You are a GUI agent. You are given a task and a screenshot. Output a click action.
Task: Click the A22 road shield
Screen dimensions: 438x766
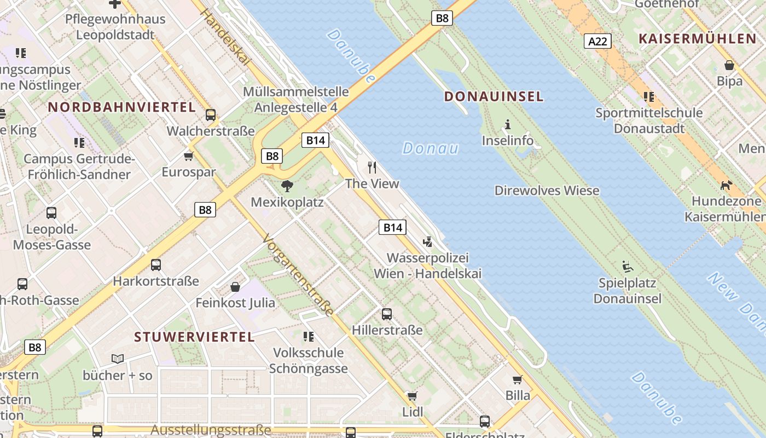597,41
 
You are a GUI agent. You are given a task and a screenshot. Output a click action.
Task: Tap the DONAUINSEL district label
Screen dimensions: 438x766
494,97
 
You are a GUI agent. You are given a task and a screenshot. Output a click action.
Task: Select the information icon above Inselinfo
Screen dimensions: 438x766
508,124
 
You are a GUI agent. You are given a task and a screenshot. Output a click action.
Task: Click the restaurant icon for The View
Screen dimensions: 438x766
373,167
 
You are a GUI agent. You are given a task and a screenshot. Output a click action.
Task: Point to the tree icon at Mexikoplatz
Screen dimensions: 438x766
287,186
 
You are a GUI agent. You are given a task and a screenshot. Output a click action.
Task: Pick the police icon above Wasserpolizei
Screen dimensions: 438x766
428,241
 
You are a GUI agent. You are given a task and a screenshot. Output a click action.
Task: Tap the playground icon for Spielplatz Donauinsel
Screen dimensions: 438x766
628,267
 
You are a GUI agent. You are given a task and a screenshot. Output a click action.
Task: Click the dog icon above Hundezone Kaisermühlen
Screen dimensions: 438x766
726,185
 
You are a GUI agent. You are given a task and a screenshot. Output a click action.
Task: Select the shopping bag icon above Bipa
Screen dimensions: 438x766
729,65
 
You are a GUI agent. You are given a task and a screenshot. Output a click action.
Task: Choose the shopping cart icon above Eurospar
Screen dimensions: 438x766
189,157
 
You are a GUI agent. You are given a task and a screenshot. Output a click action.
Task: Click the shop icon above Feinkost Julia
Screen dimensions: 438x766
235,286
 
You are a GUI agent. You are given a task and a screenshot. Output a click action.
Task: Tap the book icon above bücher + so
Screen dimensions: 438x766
118,359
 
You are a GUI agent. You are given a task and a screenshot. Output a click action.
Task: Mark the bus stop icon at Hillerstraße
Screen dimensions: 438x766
387,314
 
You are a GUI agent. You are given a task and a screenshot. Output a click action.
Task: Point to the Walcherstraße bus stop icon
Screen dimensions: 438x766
211,115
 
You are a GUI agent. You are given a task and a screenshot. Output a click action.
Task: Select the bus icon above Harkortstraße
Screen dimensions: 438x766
156,265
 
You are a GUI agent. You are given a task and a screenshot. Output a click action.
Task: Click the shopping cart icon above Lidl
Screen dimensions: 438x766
413,396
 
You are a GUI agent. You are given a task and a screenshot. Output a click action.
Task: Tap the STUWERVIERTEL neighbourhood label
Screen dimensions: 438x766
194,337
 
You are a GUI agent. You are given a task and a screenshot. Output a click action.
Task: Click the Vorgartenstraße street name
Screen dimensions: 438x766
298,275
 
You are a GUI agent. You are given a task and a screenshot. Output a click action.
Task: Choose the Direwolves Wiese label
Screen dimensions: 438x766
547,191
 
